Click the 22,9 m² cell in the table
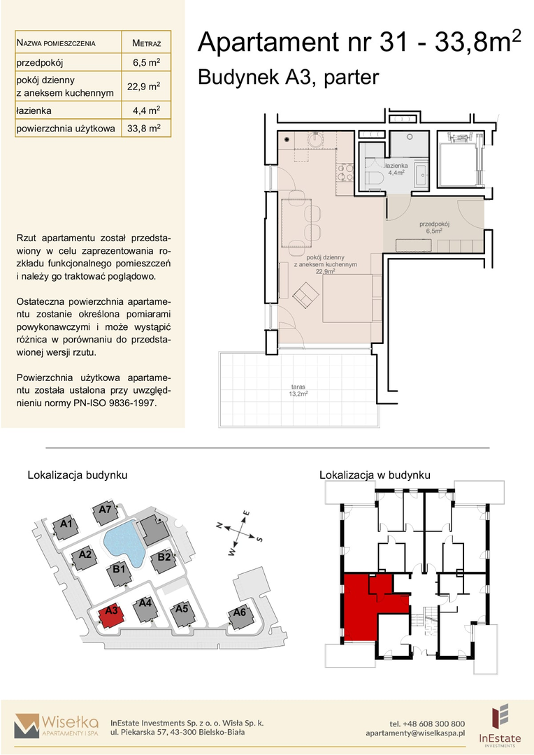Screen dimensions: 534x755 tap(143, 86)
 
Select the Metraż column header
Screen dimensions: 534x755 tap(146, 43)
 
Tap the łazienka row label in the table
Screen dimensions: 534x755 tap(34, 110)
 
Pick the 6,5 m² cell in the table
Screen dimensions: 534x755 tap(146, 62)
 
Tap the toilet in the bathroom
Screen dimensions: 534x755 tap(374, 177)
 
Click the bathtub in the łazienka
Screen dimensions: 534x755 tap(420, 176)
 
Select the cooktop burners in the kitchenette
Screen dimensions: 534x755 tap(345, 173)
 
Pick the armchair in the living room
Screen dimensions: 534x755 tap(305, 294)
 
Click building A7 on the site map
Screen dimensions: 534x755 tap(106, 514)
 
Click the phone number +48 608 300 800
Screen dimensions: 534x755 tap(426, 724)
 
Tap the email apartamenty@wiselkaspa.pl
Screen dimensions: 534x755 tap(415, 733)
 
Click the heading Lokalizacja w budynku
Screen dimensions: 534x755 tap(375, 475)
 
